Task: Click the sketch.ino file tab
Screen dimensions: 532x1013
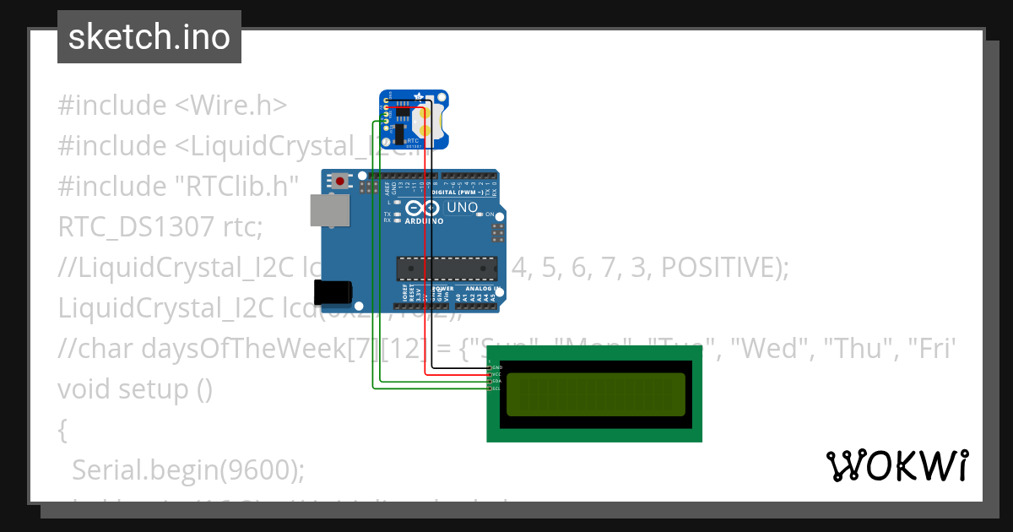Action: [149, 37]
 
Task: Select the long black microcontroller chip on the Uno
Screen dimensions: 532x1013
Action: [445, 268]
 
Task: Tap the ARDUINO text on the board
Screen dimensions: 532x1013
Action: [424, 221]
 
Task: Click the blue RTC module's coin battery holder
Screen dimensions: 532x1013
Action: [431, 122]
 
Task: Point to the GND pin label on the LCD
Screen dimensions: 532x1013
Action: [497, 368]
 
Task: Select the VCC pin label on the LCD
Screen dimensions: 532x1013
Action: [497, 375]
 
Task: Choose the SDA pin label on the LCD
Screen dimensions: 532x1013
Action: [497, 382]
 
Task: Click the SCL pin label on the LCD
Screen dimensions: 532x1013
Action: [497, 388]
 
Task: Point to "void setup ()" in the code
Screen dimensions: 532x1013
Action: [135, 389]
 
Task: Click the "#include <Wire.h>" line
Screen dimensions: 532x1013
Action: [172, 106]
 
